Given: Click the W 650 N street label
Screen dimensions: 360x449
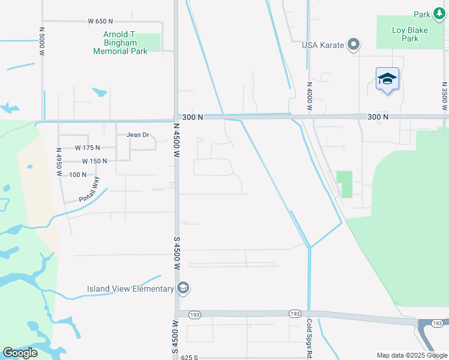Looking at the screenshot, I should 101,21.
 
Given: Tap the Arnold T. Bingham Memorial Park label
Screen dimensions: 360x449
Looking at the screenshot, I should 121,43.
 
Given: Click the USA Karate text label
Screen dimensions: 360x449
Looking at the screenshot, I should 323,45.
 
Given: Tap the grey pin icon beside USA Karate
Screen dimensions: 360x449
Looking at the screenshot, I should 354,44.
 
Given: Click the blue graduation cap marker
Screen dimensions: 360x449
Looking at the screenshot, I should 387,79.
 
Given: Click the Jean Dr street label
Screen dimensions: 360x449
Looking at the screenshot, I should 137,135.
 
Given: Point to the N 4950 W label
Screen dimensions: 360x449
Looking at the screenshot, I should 59,161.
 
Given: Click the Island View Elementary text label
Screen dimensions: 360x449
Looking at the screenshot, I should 130,289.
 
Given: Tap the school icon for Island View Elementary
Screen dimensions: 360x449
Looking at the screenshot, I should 183,289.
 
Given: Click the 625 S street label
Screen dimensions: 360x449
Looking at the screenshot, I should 190,358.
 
